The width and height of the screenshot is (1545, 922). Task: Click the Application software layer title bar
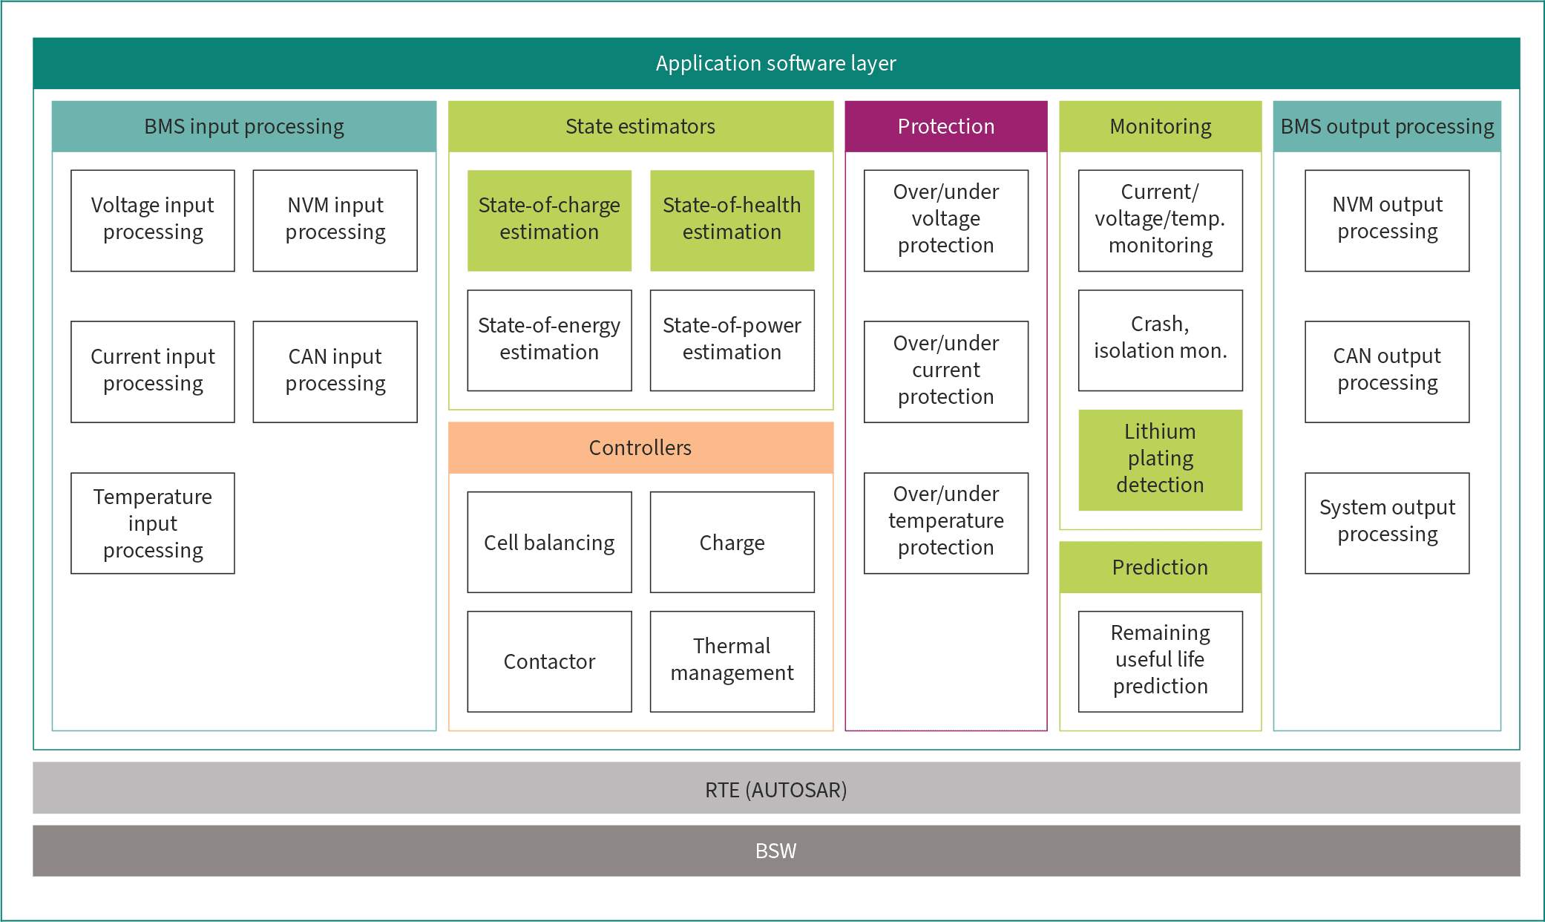click(x=775, y=63)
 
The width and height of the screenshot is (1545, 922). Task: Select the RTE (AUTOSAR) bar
click(x=775, y=788)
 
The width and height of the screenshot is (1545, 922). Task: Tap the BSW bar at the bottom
click(x=775, y=850)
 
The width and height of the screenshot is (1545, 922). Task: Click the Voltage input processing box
click(x=153, y=220)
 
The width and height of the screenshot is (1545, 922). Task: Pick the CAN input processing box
click(x=335, y=371)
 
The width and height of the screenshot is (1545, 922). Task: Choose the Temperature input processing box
click(x=153, y=523)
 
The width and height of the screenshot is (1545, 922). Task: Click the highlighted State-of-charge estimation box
click(x=549, y=220)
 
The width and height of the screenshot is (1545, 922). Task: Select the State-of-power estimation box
click(x=732, y=340)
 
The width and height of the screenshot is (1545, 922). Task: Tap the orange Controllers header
click(x=640, y=448)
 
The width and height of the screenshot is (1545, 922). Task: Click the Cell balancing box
click(x=549, y=542)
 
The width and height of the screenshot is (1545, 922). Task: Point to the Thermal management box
click(x=732, y=661)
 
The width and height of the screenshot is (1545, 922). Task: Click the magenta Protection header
click(x=945, y=126)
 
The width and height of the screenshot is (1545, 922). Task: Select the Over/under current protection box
click(x=945, y=371)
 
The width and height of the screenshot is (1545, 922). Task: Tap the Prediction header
click(x=1160, y=567)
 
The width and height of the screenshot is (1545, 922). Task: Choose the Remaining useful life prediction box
click(x=1160, y=661)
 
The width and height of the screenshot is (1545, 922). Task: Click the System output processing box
click(x=1387, y=523)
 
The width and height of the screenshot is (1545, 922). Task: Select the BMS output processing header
click(x=1387, y=126)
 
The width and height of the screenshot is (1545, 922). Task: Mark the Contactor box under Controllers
click(x=549, y=661)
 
